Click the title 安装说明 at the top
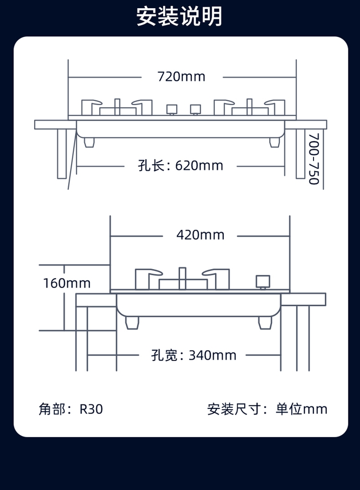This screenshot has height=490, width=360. click(x=180, y=16)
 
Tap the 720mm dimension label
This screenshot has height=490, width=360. click(x=181, y=76)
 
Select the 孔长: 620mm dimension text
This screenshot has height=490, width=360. click(x=180, y=166)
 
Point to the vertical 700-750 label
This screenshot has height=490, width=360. click(x=313, y=159)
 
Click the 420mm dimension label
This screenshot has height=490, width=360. click(x=200, y=235)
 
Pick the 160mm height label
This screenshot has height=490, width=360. click(x=67, y=283)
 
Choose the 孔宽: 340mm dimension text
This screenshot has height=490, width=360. click(x=194, y=355)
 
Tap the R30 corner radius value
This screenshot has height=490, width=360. click(x=91, y=409)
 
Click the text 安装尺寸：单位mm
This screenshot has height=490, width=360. click(x=267, y=409)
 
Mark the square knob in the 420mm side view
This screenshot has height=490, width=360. click(x=263, y=282)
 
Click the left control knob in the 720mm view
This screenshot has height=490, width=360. click(x=171, y=109)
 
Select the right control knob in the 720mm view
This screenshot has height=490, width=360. click(x=194, y=109)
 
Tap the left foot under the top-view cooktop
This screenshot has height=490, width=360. click(x=89, y=142)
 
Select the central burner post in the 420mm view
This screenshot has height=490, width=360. click(x=182, y=278)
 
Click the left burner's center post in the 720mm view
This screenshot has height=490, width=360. click(x=117, y=107)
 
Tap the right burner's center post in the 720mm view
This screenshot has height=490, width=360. click(x=249, y=107)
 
